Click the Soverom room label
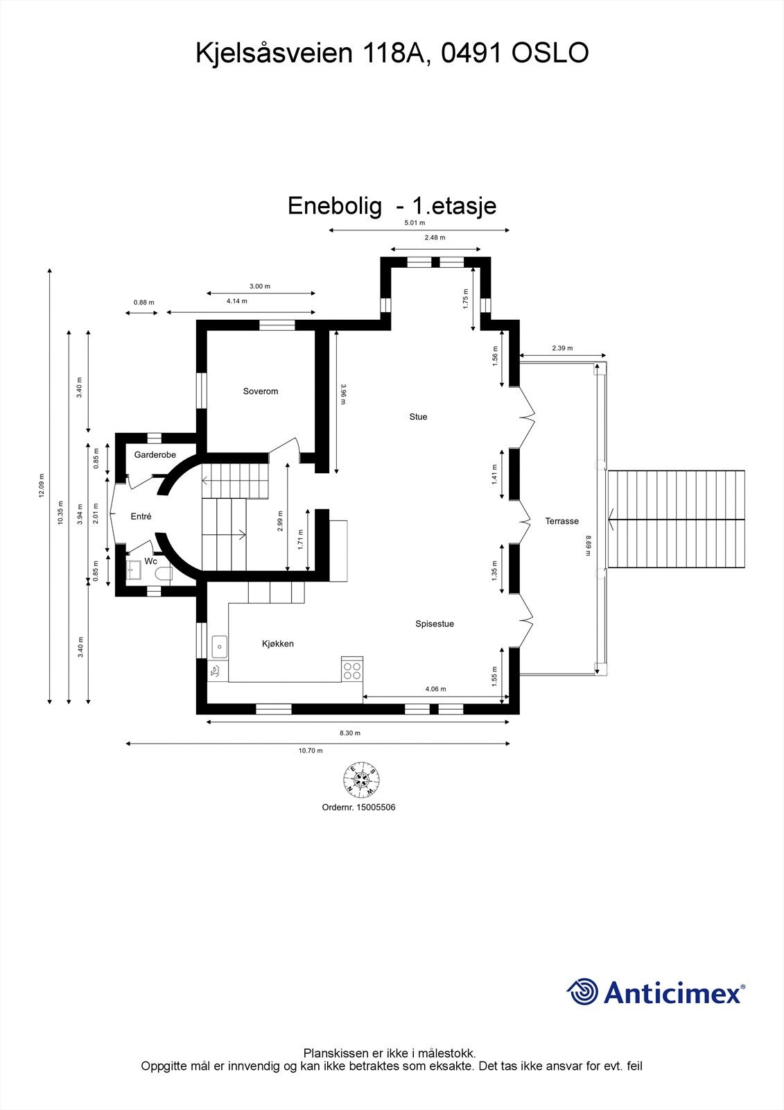click(x=261, y=391)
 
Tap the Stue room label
click(x=418, y=417)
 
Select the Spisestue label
click(x=435, y=624)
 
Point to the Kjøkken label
click(x=278, y=644)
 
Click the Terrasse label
click(x=561, y=521)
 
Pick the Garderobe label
click(x=155, y=455)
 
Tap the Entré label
click(x=141, y=516)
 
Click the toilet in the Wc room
click(x=164, y=573)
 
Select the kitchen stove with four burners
click(x=352, y=670)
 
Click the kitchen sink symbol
click(x=219, y=647)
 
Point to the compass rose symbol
click(x=361, y=779)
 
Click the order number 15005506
click(x=376, y=808)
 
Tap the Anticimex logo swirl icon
click(x=582, y=992)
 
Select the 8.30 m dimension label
click(x=350, y=733)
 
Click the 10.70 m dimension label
click(x=311, y=751)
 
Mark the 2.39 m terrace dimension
click(x=562, y=348)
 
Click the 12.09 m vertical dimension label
click(x=42, y=486)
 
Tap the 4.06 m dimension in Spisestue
click(x=435, y=689)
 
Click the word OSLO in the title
click(x=550, y=53)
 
